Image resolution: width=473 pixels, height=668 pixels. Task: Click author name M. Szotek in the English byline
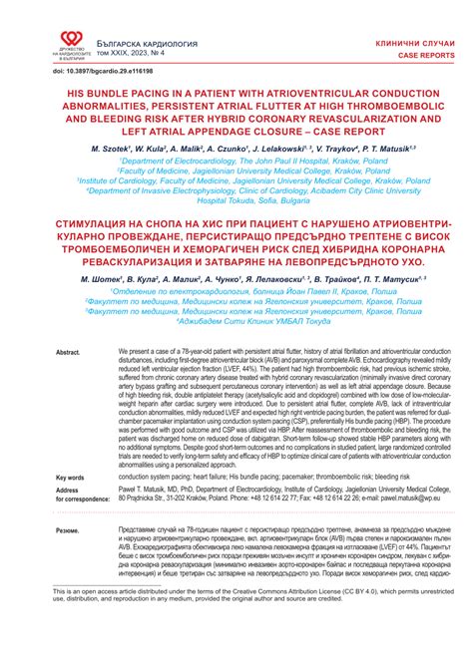pyautogui.click(x=103, y=145)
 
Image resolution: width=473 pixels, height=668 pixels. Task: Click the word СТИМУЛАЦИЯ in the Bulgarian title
pyautogui.click(x=98, y=215)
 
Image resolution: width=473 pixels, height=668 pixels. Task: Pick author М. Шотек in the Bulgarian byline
pyautogui.click(x=102, y=271)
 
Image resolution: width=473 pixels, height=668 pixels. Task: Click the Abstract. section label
pyautogui.click(x=68, y=354)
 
